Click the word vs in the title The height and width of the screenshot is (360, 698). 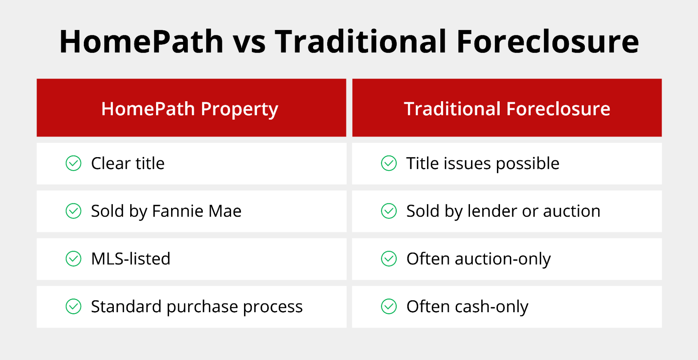(249, 43)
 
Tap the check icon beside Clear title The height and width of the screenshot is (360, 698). (73, 163)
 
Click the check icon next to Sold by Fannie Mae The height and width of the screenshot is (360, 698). (73, 211)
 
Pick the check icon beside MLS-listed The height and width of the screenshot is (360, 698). (73, 259)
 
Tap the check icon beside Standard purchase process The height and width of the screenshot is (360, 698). (73, 307)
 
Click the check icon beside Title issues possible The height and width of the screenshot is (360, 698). (389, 163)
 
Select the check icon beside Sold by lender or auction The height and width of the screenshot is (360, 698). (389, 211)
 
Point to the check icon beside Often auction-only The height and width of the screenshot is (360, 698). (389, 259)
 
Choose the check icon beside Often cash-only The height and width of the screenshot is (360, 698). (389, 307)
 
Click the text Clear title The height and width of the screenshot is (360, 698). (128, 163)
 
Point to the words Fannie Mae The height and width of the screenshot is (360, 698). (197, 211)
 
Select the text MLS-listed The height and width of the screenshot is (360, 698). (131, 259)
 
